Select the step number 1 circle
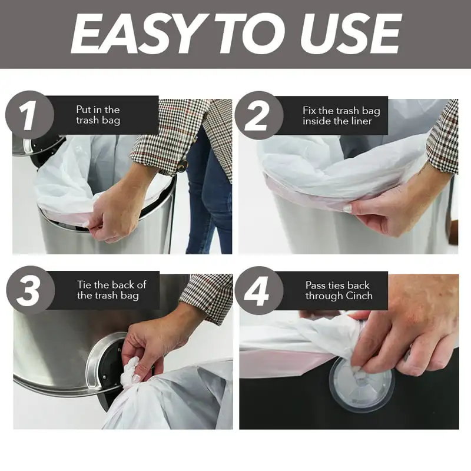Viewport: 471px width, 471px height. click(29, 115)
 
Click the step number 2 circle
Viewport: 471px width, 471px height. click(259, 115)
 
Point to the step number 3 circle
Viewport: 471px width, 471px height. click(31, 290)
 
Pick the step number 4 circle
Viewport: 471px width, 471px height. click(259, 290)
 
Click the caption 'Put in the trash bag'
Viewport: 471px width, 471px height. click(98, 115)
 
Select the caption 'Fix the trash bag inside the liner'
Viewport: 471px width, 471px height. click(341, 115)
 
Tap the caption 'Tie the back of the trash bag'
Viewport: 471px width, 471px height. click(111, 290)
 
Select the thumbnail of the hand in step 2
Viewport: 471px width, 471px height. click(348, 208)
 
